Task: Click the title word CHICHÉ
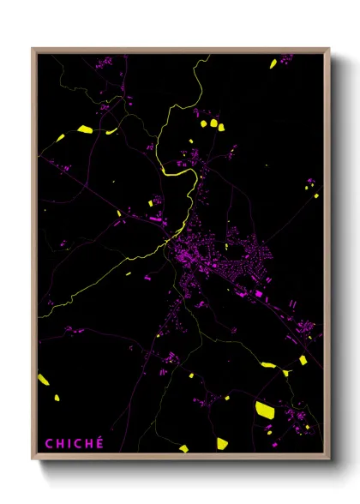click(75, 443)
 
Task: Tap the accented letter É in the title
click(99, 442)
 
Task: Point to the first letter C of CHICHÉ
click(49, 443)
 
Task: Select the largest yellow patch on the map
click(264, 409)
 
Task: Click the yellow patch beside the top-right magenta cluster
click(273, 63)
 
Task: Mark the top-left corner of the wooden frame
click(33, 49)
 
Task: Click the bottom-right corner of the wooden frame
click(329, 459)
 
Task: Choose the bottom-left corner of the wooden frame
click(33, 459)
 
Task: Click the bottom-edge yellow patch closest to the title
click(183, 447)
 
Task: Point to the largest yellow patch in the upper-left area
click(84, 129)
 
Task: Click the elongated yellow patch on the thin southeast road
click(268, 365)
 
